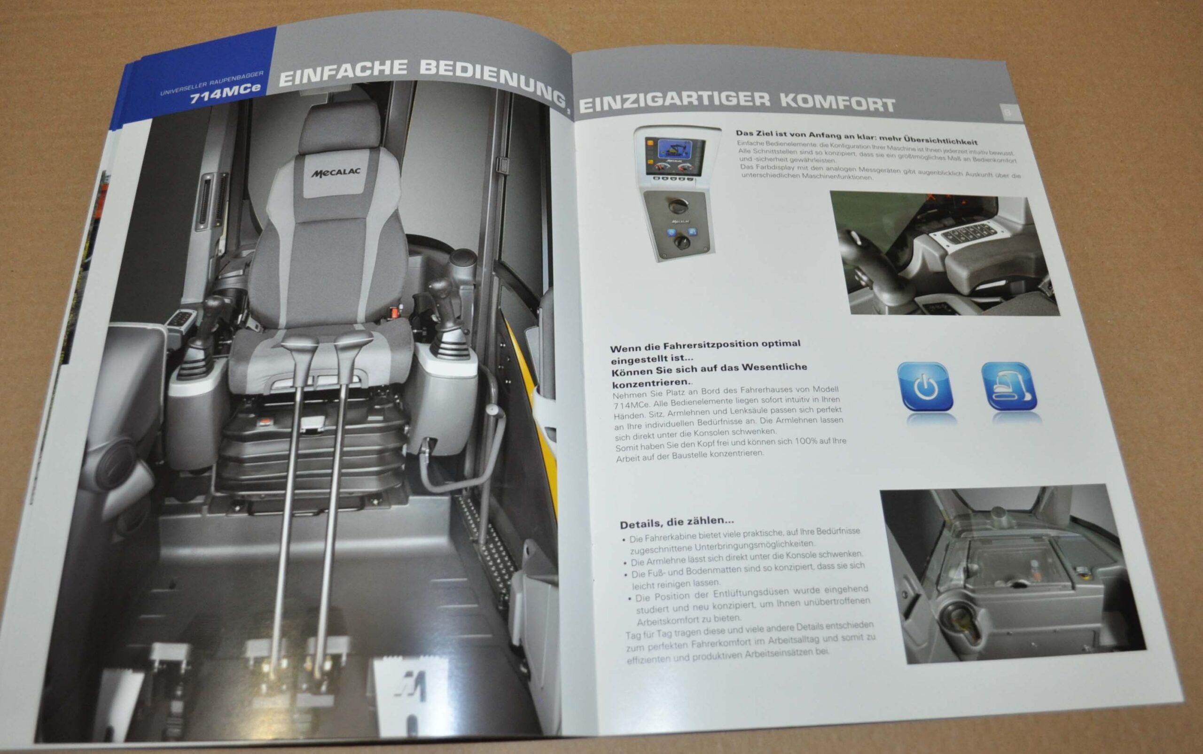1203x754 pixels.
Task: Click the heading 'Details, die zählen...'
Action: coord(677,522)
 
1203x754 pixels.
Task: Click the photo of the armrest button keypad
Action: coord(944,254)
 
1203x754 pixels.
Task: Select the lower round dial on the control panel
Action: coord(680,243)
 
